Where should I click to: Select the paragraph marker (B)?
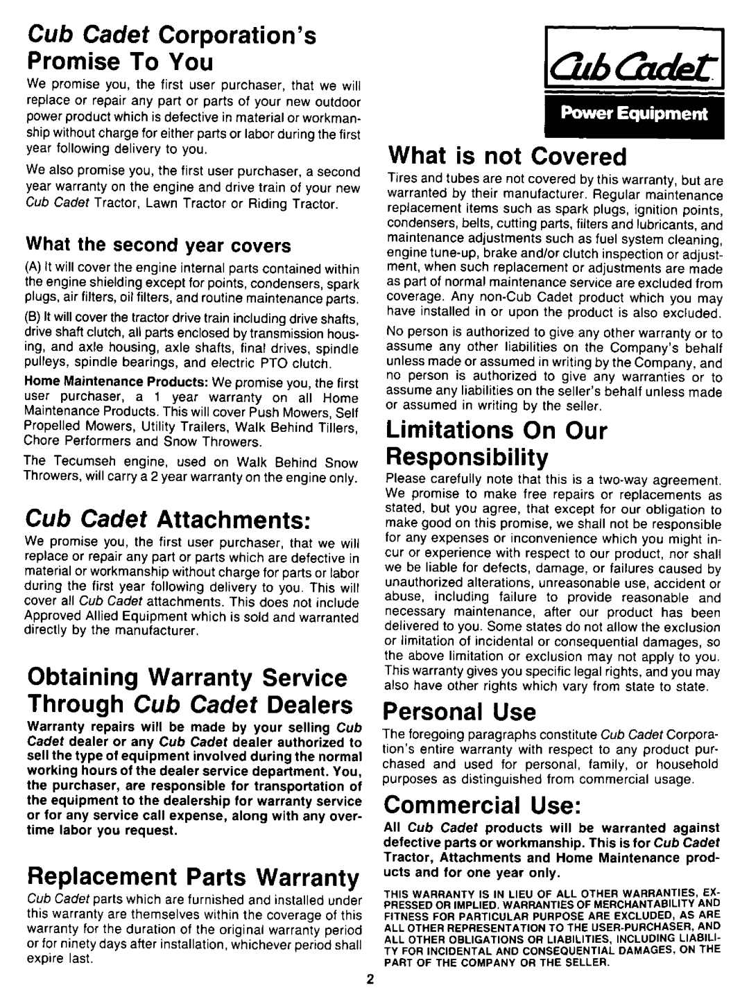(x=34, y=319)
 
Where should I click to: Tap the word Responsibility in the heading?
(x=465, y=458)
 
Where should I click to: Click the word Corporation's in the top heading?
(x=244, y=35)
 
